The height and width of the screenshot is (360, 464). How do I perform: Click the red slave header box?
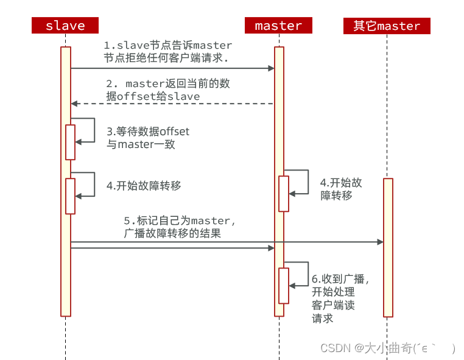tap(65, 26)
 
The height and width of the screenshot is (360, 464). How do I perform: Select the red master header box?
tap(278, 26)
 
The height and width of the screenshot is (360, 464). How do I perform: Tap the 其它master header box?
tap(387, 26)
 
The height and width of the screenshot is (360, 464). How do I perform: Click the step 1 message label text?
tap(167, 52)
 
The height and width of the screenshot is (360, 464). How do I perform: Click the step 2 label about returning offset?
tap(167, 90)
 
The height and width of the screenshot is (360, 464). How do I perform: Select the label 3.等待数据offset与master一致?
tap(148, 138)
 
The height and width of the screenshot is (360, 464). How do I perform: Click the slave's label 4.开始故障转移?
tap(144, 186)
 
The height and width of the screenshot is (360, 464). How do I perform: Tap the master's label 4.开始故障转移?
tap(341, 189)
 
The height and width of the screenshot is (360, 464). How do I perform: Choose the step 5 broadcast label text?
tap(180, 227)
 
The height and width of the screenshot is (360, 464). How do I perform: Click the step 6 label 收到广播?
tap(340, 298)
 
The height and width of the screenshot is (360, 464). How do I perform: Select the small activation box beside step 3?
tap(70, 142)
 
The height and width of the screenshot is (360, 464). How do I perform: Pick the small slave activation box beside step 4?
tap(70, 196)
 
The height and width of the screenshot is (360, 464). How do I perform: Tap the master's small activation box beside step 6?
tap(284, 285)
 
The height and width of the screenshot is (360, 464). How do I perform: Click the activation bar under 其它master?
tap(388, 247)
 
